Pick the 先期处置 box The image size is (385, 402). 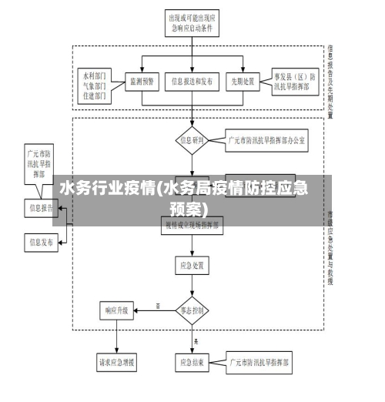click(x=243, y=80)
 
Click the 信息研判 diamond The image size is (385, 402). click(x=192, y=140)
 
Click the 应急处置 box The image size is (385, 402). click(x=192, y=264)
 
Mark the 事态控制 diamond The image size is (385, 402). click(x=192, y=310)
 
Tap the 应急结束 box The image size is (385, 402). click(x=192, y=361)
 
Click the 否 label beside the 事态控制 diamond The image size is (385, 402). click(x=158, y=306)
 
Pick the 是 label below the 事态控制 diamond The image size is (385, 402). click(x=197, y=340)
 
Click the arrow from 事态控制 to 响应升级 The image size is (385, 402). click(x=154, y=311)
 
